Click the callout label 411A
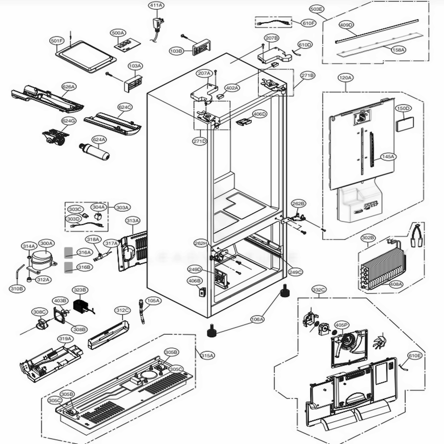coord(156,5)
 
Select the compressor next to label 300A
coord(42,259)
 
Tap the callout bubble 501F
coord(57,41)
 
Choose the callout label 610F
coord(309,23)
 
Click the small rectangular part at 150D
coord(404,123)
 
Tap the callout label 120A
coord(345,78)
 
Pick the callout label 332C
coord(319,290)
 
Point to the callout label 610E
coord(415,356)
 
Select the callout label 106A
coord(258,319)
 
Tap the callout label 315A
coord(207,355)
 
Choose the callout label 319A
coord(65,339)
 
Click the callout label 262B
coord(298,203)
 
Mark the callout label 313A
coord(133,221)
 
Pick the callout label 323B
coord(80,290)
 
